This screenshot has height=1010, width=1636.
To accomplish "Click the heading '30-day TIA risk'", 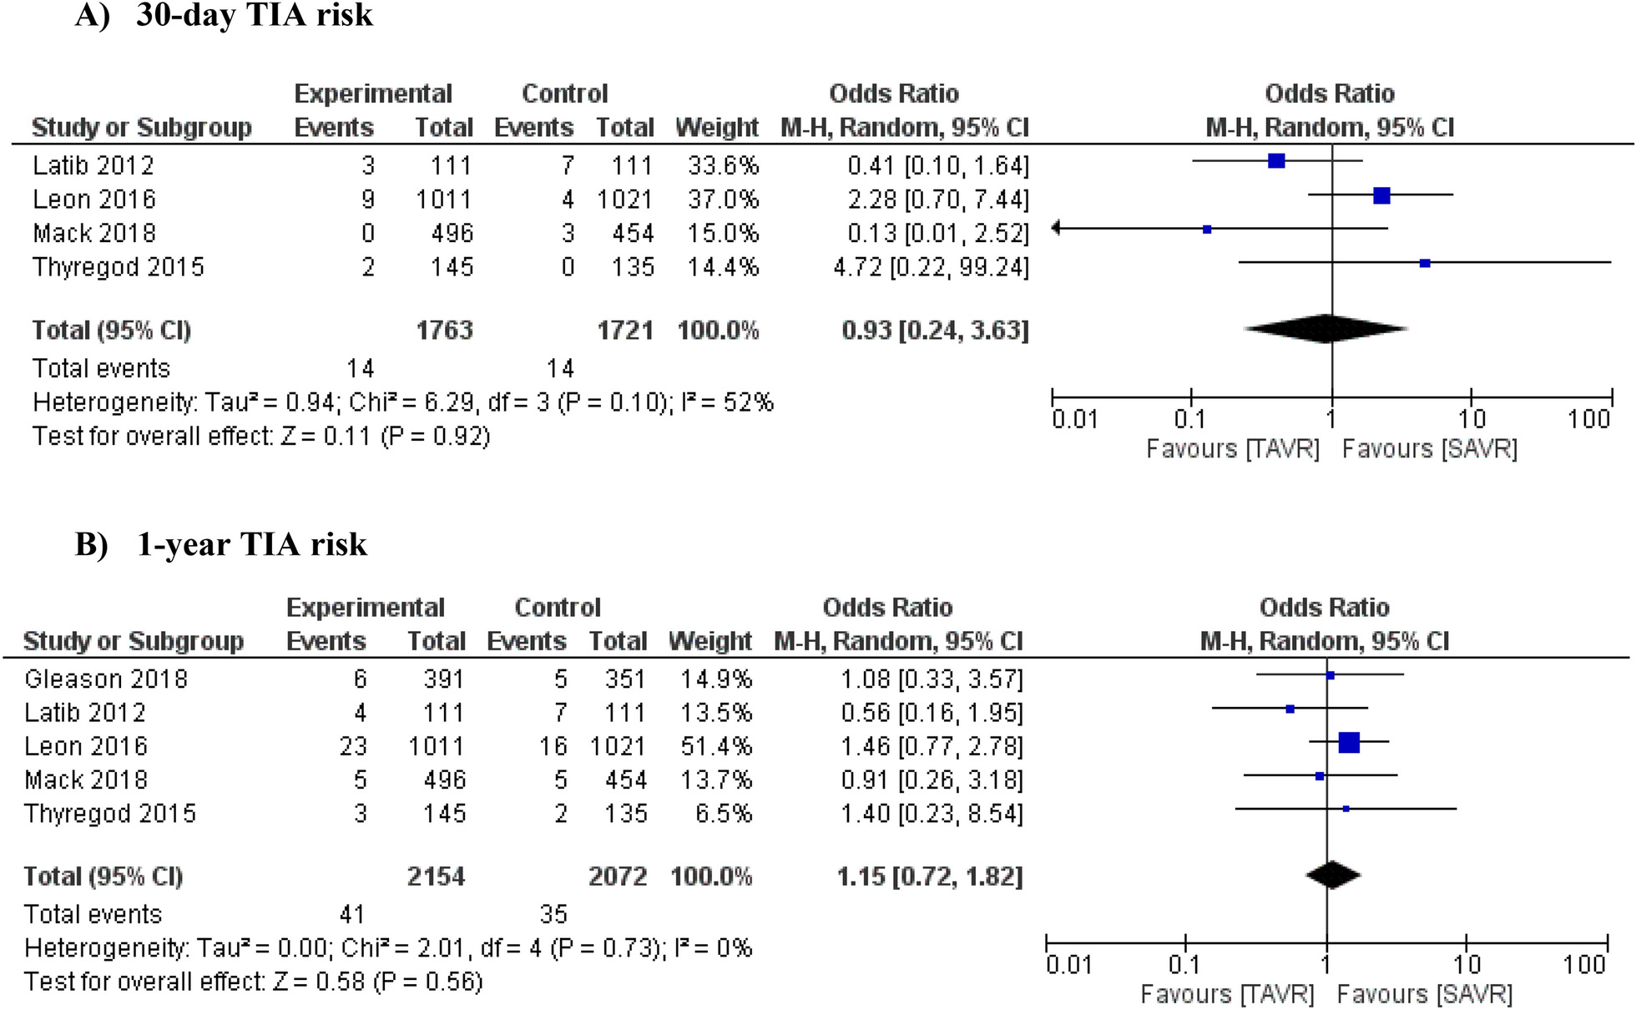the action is (255, 15).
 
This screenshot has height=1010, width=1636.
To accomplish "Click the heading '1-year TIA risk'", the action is (252, 544).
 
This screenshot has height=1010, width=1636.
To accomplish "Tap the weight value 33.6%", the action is (723, 165).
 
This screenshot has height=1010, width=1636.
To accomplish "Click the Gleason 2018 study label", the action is (106, 679).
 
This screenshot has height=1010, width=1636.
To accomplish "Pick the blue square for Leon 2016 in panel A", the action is (1381, 195).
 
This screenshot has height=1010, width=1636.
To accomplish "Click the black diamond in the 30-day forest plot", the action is (1326, 328).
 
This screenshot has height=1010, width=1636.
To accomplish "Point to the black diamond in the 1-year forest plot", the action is (1333, 875).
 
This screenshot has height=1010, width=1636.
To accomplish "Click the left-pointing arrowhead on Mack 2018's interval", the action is (1056, 228).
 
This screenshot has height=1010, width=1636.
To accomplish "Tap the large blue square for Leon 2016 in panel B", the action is (1349, 742).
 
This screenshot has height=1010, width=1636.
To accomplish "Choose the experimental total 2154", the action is (436, 876).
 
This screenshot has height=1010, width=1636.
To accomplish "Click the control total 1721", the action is (625, 331).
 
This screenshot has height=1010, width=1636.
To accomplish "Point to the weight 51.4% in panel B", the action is (716, 746).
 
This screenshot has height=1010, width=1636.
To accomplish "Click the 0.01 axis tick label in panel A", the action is (1074, 418).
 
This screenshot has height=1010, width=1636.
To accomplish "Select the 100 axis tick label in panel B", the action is (1583, 965).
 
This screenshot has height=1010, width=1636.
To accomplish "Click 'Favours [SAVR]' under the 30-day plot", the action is (1430, 449).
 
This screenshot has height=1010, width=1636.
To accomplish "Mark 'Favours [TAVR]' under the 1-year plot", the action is (1227, 995).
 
